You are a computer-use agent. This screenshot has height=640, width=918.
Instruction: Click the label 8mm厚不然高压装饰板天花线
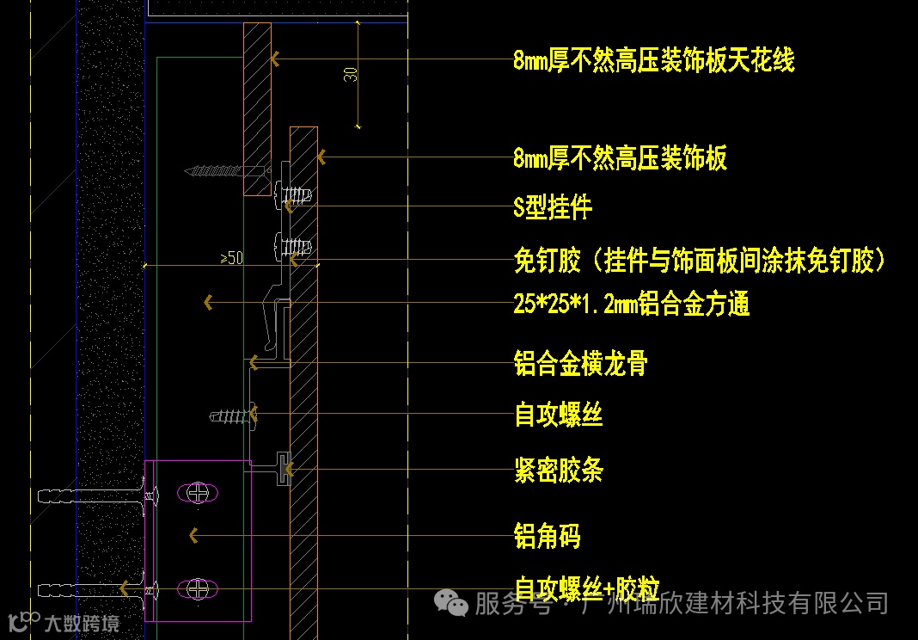pos(653,60)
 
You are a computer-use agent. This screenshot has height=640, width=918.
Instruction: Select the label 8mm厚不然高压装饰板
pos(620,158)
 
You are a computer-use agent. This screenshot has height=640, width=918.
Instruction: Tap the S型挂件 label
pos(553,207)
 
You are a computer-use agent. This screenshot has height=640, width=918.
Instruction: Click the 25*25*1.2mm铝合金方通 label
pos(631,304)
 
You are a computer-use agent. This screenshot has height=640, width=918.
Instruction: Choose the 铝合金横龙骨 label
pos(580,364)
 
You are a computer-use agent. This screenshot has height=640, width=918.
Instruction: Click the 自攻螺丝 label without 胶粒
pos(558,415)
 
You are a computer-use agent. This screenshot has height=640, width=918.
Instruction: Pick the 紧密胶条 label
pos(559,471)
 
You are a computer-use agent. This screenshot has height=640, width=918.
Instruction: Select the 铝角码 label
pos(547,537)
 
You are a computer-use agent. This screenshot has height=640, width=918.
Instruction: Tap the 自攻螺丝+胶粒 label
pos(586,588)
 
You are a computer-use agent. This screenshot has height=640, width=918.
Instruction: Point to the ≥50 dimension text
pos(232,257)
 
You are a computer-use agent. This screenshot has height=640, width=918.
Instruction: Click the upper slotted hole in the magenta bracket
pos(199,493)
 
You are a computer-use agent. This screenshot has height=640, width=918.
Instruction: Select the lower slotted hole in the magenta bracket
pos(199,589)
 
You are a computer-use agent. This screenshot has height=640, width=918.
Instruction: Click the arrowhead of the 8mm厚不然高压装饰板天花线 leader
pos(275,59)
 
